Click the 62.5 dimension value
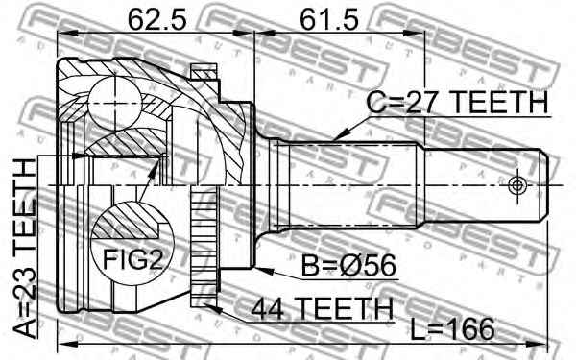[x=157, y=19]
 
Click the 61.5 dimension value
[x=328, y=19]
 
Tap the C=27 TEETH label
[x=457, y=102]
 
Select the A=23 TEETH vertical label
[x=26, y=249]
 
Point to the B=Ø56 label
[x=348, y=266]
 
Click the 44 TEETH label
[x=322, y=308]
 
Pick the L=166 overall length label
[x=452, y=329]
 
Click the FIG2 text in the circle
[x=132, y=259]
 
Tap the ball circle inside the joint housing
[x=115, y=104]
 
